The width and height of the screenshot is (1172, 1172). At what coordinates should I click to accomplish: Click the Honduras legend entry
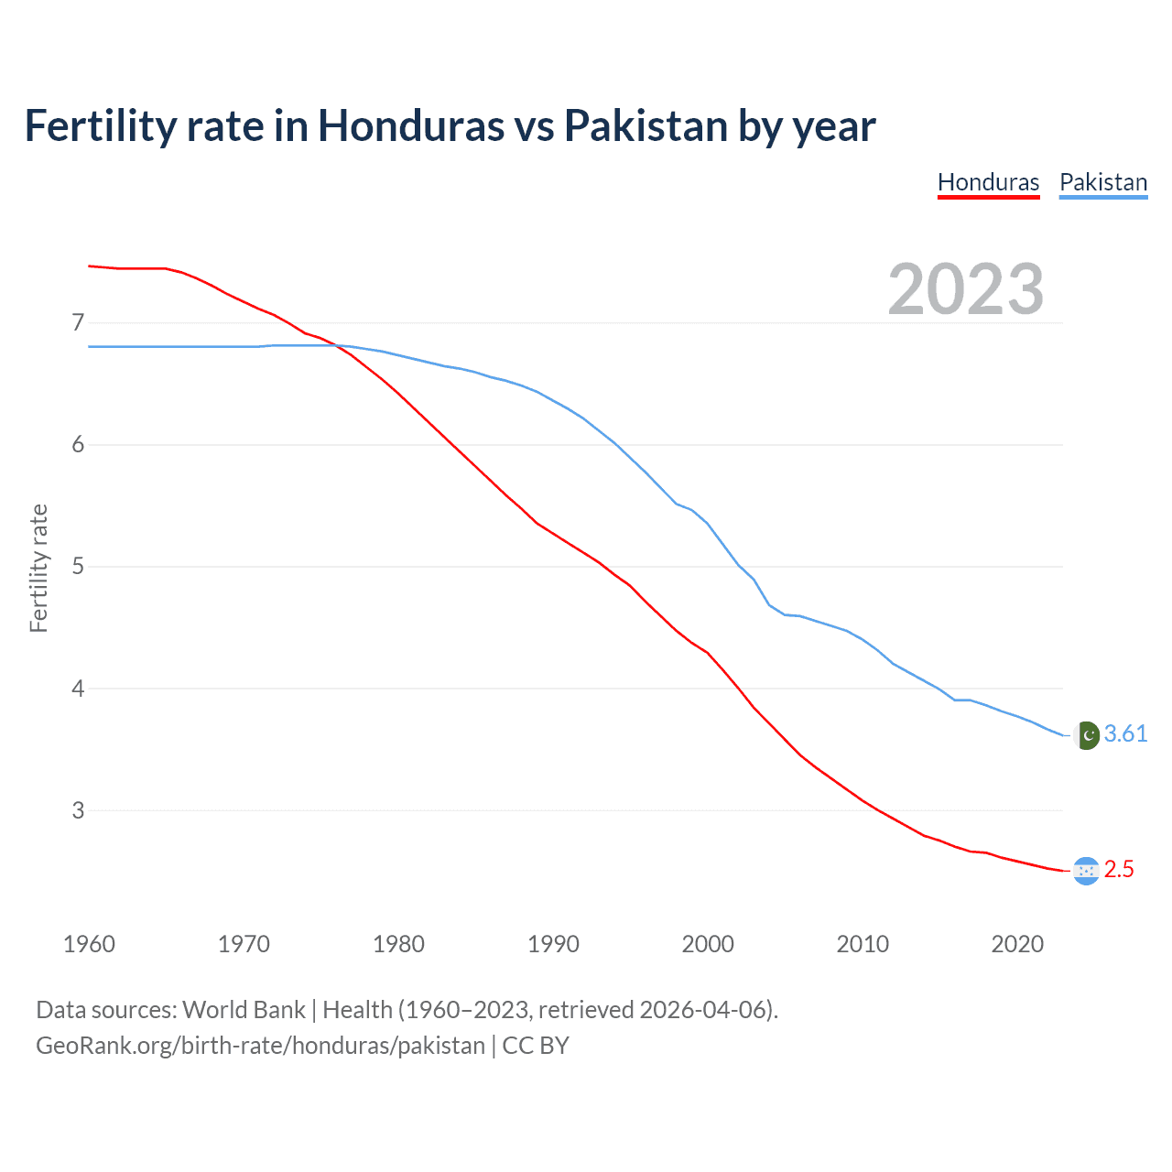click(x=988, y=182)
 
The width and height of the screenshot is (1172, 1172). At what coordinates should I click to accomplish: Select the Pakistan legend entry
click(x=1103, y=182)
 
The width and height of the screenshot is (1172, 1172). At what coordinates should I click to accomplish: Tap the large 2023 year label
click(x=966, y=289)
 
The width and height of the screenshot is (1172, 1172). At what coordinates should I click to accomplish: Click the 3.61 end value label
click(x=1125, y=734)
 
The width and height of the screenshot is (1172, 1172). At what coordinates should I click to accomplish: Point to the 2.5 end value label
click(x=1119, y=870)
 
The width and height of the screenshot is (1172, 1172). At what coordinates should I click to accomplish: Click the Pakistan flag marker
click(x=1086, y=735)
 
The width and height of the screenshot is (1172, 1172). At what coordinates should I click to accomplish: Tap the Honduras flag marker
click(x=1086, y=871)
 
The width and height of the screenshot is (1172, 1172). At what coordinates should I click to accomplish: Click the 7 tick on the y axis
click(x=78, y=323)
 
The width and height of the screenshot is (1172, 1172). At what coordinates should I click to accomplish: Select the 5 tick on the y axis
click(x=78, y=567)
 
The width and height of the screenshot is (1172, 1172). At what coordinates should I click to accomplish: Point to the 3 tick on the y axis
click(x=78, y=810)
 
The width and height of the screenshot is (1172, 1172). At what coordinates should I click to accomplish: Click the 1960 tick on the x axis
click(x=89, y=944)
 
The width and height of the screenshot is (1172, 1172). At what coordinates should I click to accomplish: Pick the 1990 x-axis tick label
click(x=553, y=944)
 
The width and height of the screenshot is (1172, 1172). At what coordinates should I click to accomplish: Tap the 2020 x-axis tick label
click(x=1017, y=944)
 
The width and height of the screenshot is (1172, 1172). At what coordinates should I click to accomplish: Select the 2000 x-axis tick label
click(x=708, y=944)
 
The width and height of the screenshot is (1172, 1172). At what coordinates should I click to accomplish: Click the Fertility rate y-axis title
click(x=38, y=568)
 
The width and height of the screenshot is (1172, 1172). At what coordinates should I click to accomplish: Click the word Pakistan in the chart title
click(x=646, y=125)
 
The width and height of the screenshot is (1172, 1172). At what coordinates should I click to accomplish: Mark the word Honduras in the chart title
click(x=410, y=125)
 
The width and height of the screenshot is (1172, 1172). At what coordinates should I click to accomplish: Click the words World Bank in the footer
click(x=244, y=1010)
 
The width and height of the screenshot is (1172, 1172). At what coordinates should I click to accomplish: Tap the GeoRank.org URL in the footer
click(x=260, y=1046)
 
